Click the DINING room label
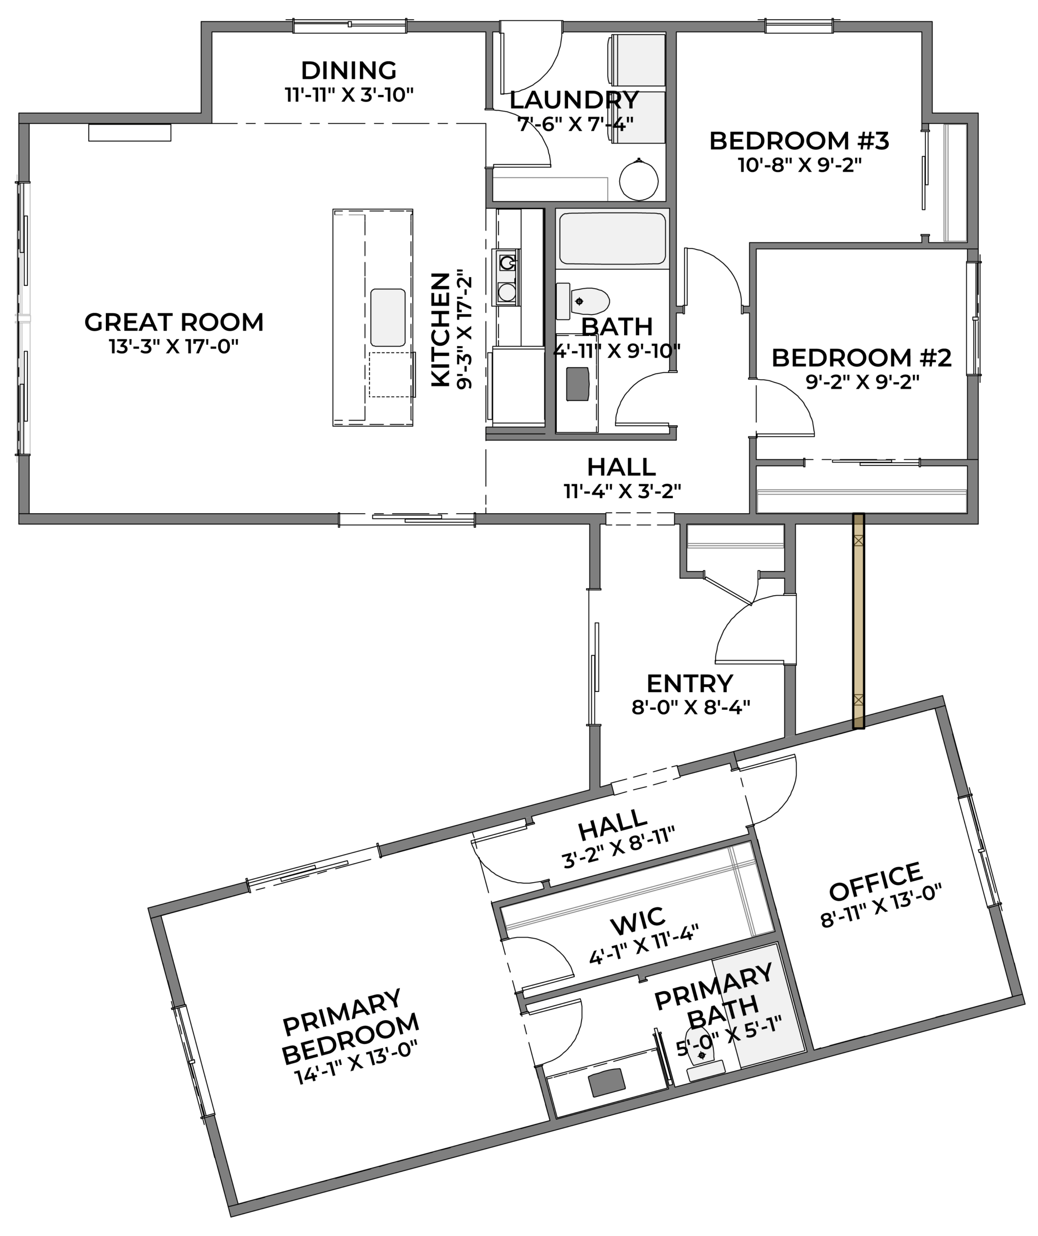349,70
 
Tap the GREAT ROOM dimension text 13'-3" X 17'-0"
174,347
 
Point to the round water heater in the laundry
639,180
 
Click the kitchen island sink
388,317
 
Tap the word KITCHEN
441,330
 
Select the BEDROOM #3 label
799,141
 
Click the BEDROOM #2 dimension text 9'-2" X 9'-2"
863,382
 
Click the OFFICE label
876,882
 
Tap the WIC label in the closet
638,921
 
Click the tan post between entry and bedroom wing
858,621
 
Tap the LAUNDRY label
573,100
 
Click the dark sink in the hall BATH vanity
578,384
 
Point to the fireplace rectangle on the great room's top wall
129,132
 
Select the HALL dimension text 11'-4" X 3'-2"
622,491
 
